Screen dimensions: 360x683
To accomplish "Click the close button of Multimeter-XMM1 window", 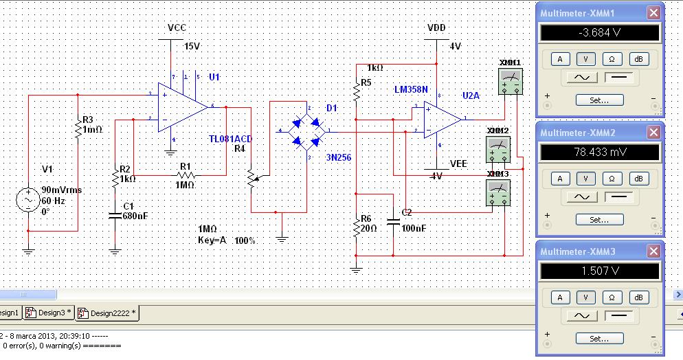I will click(x=653, y=12).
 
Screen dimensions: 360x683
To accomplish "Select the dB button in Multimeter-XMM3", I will click(x=638, y=297).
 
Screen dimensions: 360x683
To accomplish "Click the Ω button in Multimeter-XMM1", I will click(x=612, y=59).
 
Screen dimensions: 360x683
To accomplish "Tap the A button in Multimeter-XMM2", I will click(x=560, y=179).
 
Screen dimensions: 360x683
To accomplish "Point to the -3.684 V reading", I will click(x=600, y=33).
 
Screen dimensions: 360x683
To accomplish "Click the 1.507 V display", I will click(x=600, y=271).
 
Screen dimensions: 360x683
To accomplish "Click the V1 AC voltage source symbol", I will click(x=28, y=201).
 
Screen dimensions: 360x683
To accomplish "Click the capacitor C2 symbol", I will click(x=392, y=221).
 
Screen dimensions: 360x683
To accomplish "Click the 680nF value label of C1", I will click(x=135, y=215).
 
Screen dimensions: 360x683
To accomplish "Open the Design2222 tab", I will click(x=107, y=313).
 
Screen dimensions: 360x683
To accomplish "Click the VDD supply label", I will click(x=436, y=28).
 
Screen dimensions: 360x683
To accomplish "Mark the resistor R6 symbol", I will click(x=356, y=229).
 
